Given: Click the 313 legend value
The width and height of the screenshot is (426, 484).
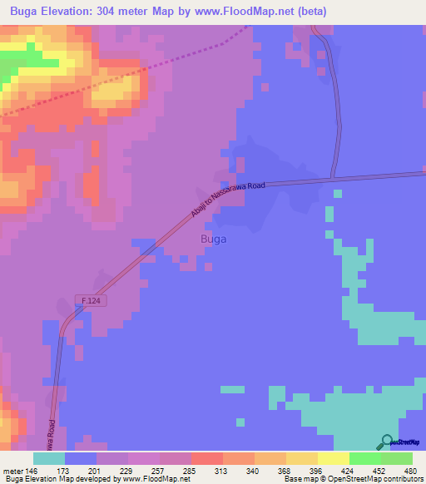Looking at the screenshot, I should click(x=222, y=470).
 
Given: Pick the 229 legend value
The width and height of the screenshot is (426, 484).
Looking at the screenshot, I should click(x=127, y=470).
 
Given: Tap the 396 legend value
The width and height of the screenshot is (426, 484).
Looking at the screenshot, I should click(x=317, y=470).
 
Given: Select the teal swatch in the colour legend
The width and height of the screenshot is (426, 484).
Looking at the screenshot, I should click(x=49, y=458).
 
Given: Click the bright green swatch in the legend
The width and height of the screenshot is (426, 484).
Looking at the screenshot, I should click(x=364, y=458).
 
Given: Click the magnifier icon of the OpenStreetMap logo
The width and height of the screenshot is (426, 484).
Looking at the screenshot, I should click(x=385, y=442).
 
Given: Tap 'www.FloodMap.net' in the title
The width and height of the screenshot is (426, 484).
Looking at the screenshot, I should click(x=253, y=12).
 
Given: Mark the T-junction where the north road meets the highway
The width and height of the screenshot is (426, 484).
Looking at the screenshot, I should click(x=332, y=178).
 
